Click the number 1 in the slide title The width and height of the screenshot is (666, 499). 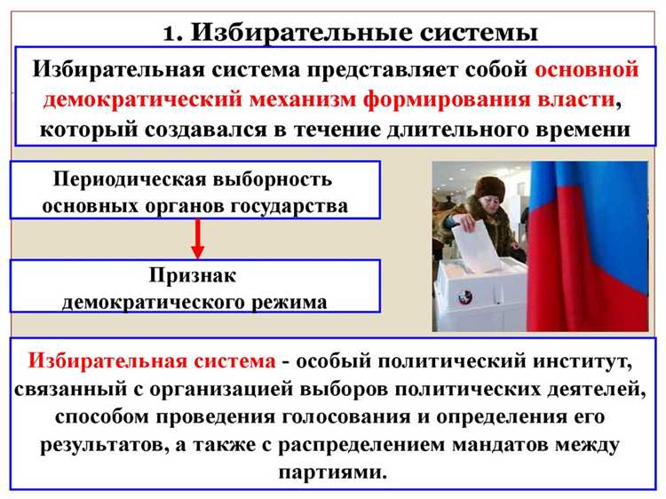click(170, 33)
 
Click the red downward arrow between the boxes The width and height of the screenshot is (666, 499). click(198, 238)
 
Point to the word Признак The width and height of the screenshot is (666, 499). click(194, 275)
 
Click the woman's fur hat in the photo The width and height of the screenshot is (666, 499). click(491, 187)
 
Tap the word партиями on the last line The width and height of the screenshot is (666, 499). click(333, 471)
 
